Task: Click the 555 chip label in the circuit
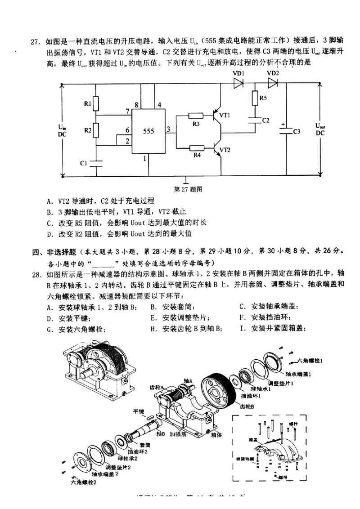[148, 131]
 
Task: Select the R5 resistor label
[264, 98]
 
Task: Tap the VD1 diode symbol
[238, 83]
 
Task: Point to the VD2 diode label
[273, 73]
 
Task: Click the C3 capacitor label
[297, 132]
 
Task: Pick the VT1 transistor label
[225, 115]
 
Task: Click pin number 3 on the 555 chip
[168, 130]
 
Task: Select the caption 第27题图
[188, 189]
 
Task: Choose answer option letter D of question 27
[49, 234]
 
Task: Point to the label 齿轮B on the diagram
[247, 406]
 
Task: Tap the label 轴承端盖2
[105, 473]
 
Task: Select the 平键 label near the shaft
[138, 411]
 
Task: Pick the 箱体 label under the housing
[215, 435]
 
